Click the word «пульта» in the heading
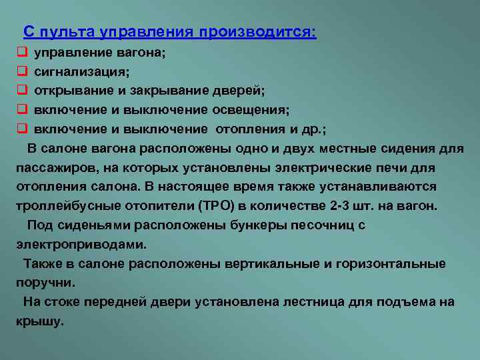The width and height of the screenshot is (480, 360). pyautogui.click(x=67, y=32)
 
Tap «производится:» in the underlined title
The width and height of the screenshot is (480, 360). pyautogui.click(x=258, y=32)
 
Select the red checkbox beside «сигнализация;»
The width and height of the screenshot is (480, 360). pyautogui.click(x=23, y=71)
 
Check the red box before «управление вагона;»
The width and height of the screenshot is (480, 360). pyautogui.click(x=23, y=52)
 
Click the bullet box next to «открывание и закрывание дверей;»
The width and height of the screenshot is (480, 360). pyautogui.click(x=23, y=90)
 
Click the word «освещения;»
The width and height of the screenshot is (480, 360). pyautogui.click(x=251, y=110)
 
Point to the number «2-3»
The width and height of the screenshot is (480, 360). pyautogui.click(x=339, y=205)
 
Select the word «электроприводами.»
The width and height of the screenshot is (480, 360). pyautogui.click(x=81, y=245)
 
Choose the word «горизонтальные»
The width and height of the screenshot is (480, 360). pyautogui.click(x=391, y=264)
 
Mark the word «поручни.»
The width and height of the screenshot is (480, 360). pyautogui.click(x=45, y=283)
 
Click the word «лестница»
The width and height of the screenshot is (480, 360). pyautogui.click(x=314, y=302)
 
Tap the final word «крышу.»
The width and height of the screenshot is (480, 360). pyautogui.click(x=40, y=321)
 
